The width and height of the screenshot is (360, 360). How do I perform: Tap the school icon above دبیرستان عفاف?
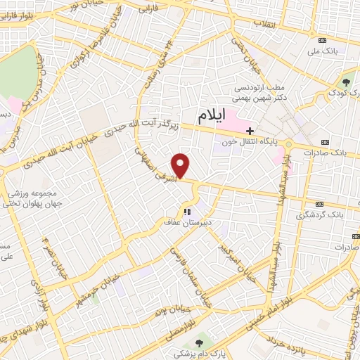tap(187, 211)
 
